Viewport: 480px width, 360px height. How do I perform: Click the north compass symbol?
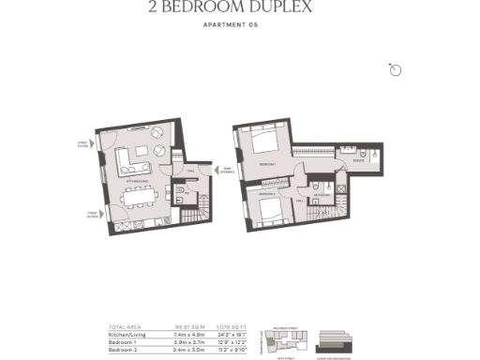(x=395, y=69)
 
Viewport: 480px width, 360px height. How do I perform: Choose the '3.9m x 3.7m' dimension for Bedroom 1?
(x=190, y=340)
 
